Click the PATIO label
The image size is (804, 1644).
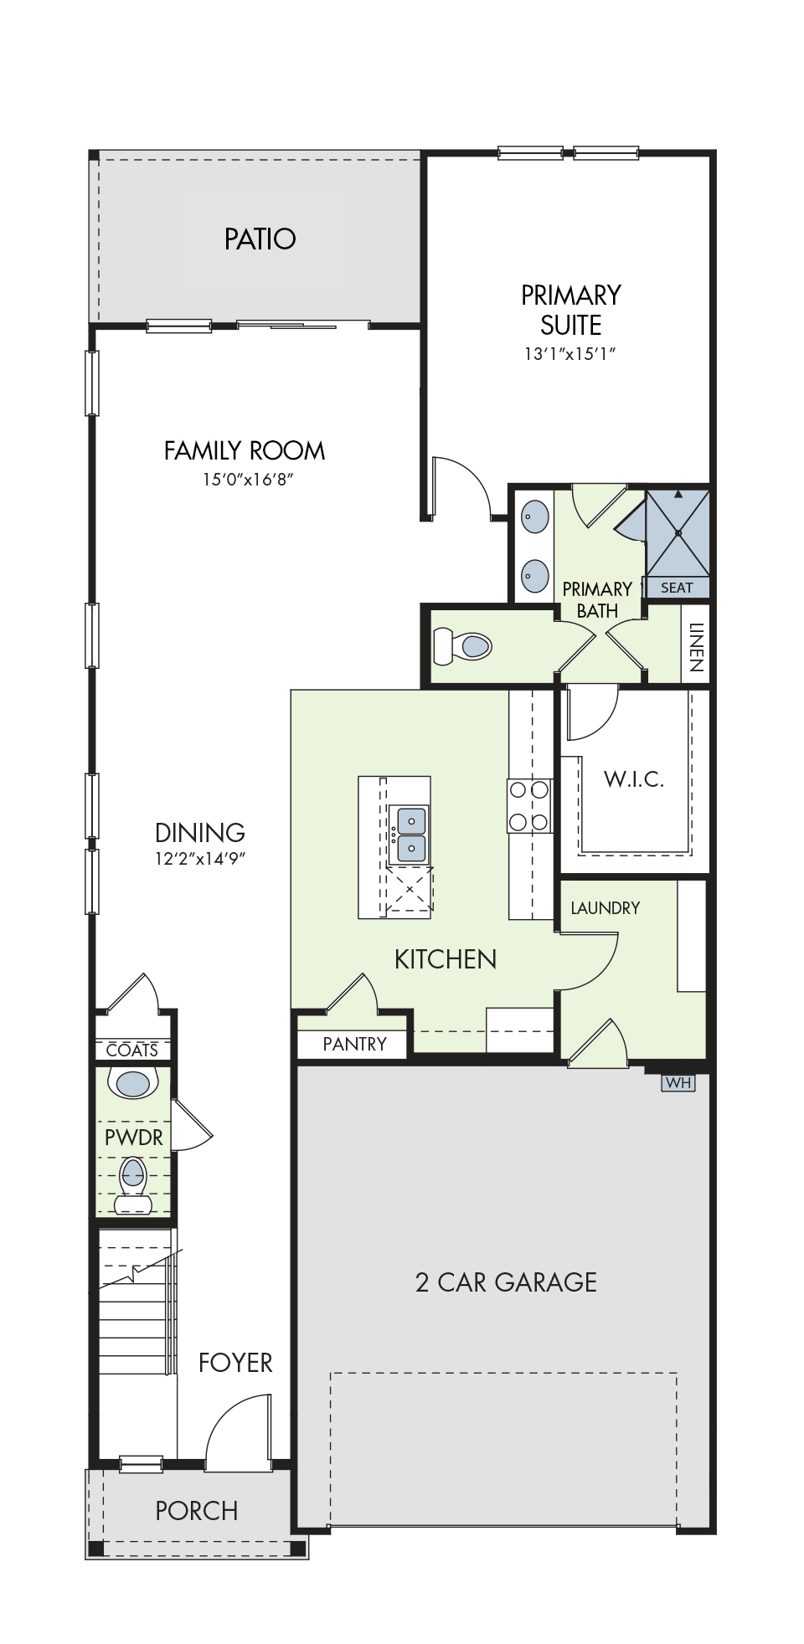point(260,239)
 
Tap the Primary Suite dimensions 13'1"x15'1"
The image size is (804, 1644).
point(569,353)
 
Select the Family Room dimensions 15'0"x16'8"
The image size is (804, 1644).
point(248,480)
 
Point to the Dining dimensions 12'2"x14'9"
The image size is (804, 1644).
point(200,858)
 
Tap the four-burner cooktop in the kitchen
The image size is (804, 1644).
point(529,805)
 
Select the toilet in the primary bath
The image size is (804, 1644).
point(461,646)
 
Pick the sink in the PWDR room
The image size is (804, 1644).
point(133,1083)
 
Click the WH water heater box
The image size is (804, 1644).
point(678,1082)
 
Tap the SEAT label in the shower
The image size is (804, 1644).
point(677,588)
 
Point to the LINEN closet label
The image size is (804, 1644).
point(695,647)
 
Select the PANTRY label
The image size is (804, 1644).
point(354,1044)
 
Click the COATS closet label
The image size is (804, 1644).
point(132,1050)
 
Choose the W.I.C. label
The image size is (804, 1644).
point(634,779)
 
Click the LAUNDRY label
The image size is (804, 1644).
point(605,908)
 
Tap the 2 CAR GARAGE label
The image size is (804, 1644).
point(506,1282)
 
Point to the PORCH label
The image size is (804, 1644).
point(197,1511)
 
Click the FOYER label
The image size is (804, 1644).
point(235,1363)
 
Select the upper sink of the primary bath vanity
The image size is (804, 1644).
point(535,516)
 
